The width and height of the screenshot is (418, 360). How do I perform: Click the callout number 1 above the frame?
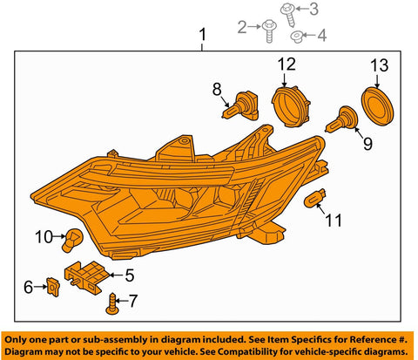pos(202,35)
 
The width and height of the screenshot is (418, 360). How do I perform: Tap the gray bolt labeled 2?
pos(269,31)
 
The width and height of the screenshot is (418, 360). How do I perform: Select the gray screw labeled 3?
pos(288,15)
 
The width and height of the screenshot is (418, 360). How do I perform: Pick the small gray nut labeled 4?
pos(297,37)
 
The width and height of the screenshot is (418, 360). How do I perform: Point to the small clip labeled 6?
pos(53,287)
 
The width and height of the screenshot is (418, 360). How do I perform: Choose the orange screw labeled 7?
pos(112,304)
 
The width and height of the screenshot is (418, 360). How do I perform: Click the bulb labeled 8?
pos(241,106)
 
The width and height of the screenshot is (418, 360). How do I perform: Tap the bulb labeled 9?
pos(342,119)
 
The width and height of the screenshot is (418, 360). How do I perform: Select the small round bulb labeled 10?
pos(72,240)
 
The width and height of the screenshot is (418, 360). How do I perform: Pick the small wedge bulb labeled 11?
pos(314,198)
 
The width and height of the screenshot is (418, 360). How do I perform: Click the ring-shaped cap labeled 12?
pos(291,105)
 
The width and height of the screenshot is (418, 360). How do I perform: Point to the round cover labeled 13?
pos(377,105)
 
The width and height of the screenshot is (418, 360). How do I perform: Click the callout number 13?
pos(379,65)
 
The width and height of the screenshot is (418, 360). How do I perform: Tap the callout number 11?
pos(334,221)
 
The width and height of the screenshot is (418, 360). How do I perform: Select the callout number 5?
pos(130,275)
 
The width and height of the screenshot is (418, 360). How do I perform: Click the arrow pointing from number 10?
pos(59,236)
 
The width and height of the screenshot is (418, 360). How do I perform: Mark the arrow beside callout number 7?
pos(122,301)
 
